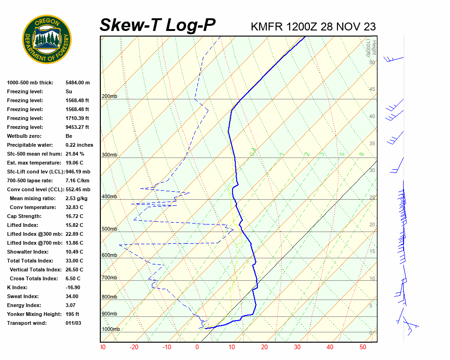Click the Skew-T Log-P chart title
coord(157,25)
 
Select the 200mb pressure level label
coord(109,97)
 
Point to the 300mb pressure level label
coord(109,155)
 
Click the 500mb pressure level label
coord(109,229)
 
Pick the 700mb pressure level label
coord(109,278)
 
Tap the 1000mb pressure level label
coord(111,330)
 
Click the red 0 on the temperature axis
coord(197,347)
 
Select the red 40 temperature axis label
coord(330,347)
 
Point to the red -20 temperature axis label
coord(134,347)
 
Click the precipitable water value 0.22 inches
coord(79,145)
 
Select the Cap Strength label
coord(24,216)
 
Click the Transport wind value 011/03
coord(73,323)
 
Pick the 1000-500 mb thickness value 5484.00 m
coord(77,82)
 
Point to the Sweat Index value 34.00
coord(72,296)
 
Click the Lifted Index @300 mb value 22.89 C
coord(74,234)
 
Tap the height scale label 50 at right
coord(372,62)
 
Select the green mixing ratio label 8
coord(361,154)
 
